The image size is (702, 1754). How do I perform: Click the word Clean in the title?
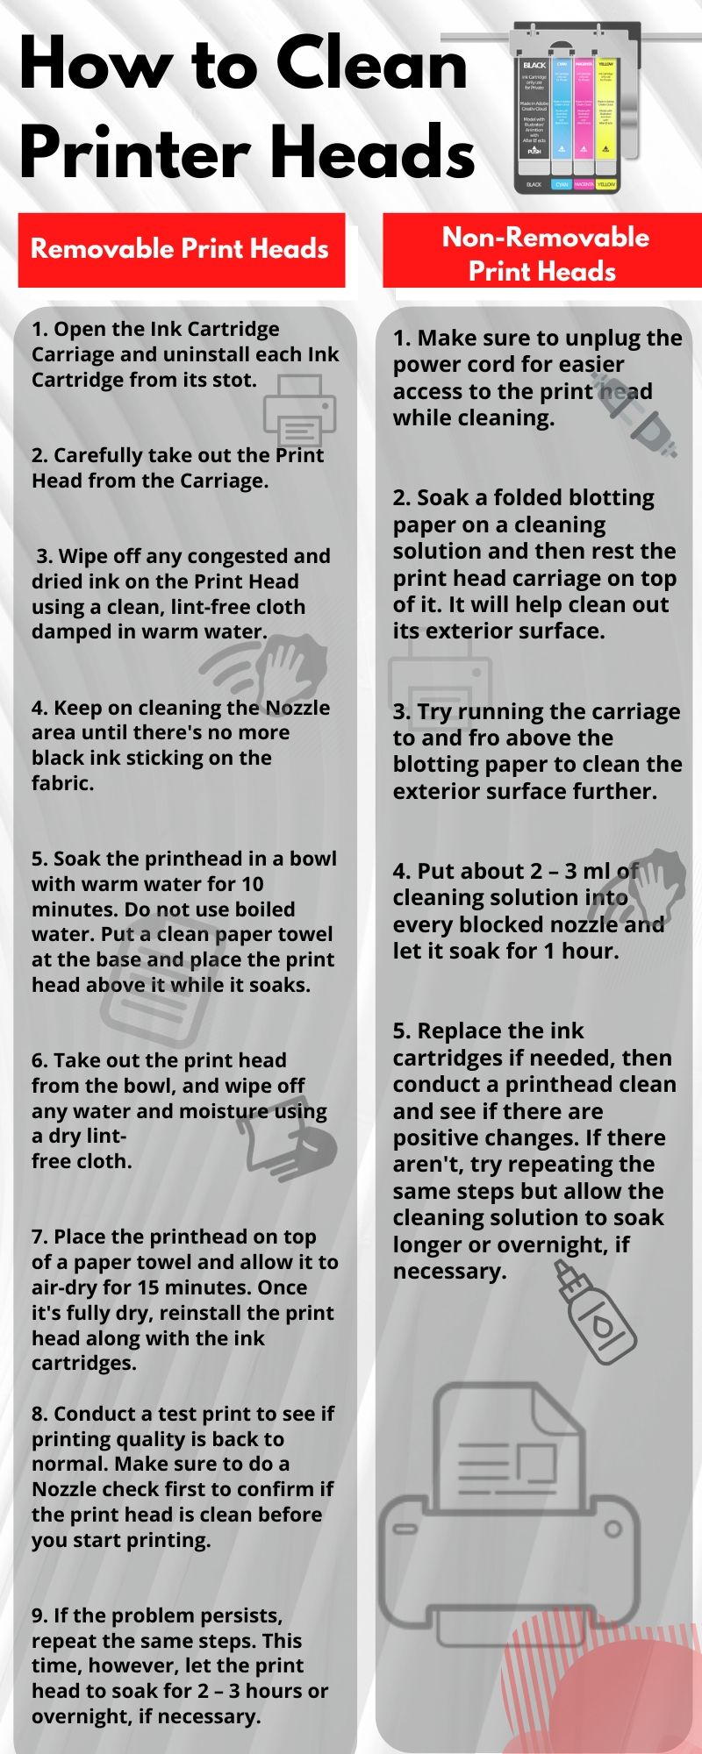(372, 63)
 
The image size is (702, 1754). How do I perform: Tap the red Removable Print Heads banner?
(181, 249)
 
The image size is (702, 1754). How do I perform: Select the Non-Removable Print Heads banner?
(544, 253)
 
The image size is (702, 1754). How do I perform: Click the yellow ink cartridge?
(606, 110)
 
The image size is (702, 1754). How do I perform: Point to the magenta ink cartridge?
(584, 110)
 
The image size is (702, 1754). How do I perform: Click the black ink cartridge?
(534, 110)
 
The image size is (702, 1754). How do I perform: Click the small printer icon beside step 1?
(300, 410)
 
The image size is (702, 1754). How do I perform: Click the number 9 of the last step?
(37, 1615)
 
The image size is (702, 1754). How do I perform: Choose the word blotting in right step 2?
(611, 498)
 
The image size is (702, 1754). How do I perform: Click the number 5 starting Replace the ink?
(400, 1031)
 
